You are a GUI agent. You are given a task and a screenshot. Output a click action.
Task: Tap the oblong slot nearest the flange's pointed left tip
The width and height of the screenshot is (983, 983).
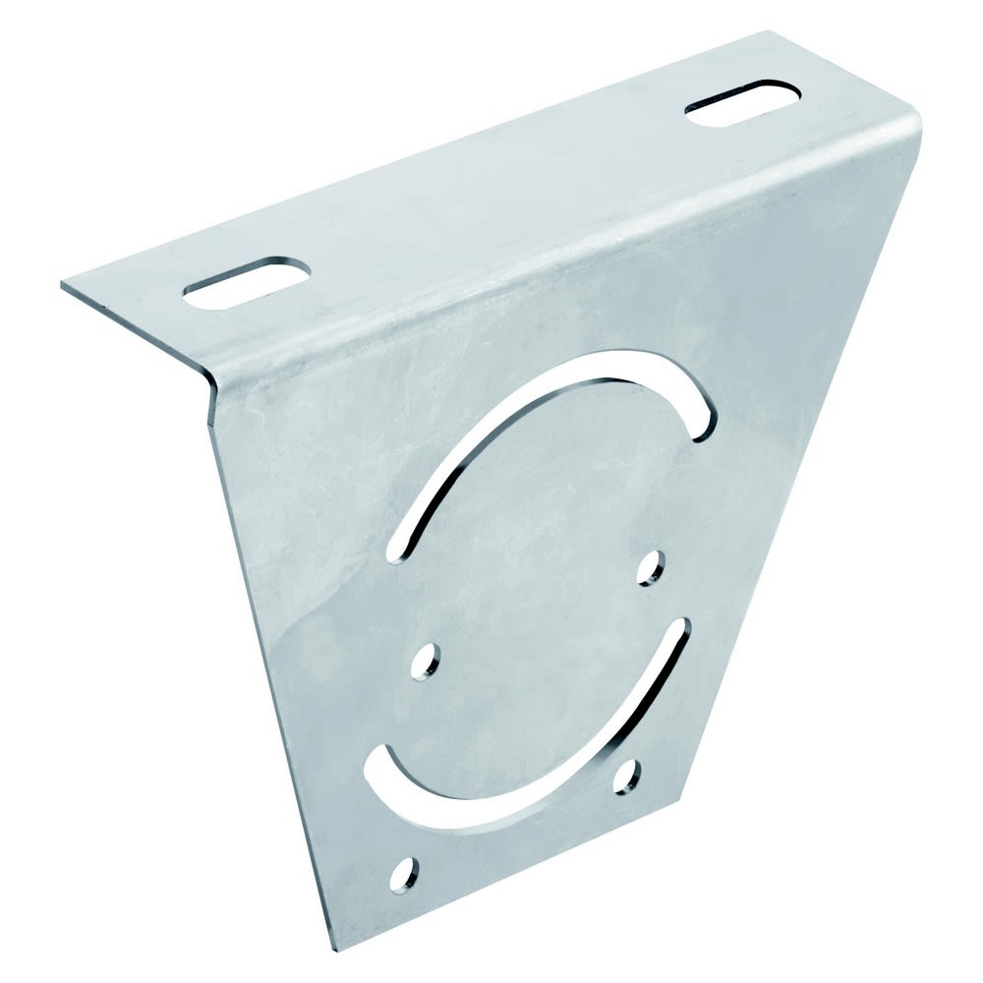tap(247, 283)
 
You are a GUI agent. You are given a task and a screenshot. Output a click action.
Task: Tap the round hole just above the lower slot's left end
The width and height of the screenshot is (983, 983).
tap(427, 663)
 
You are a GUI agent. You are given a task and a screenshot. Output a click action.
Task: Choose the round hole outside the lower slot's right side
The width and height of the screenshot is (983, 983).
tap(626, 777)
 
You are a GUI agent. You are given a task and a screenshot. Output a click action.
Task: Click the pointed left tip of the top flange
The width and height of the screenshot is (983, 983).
tap(63, 285)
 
